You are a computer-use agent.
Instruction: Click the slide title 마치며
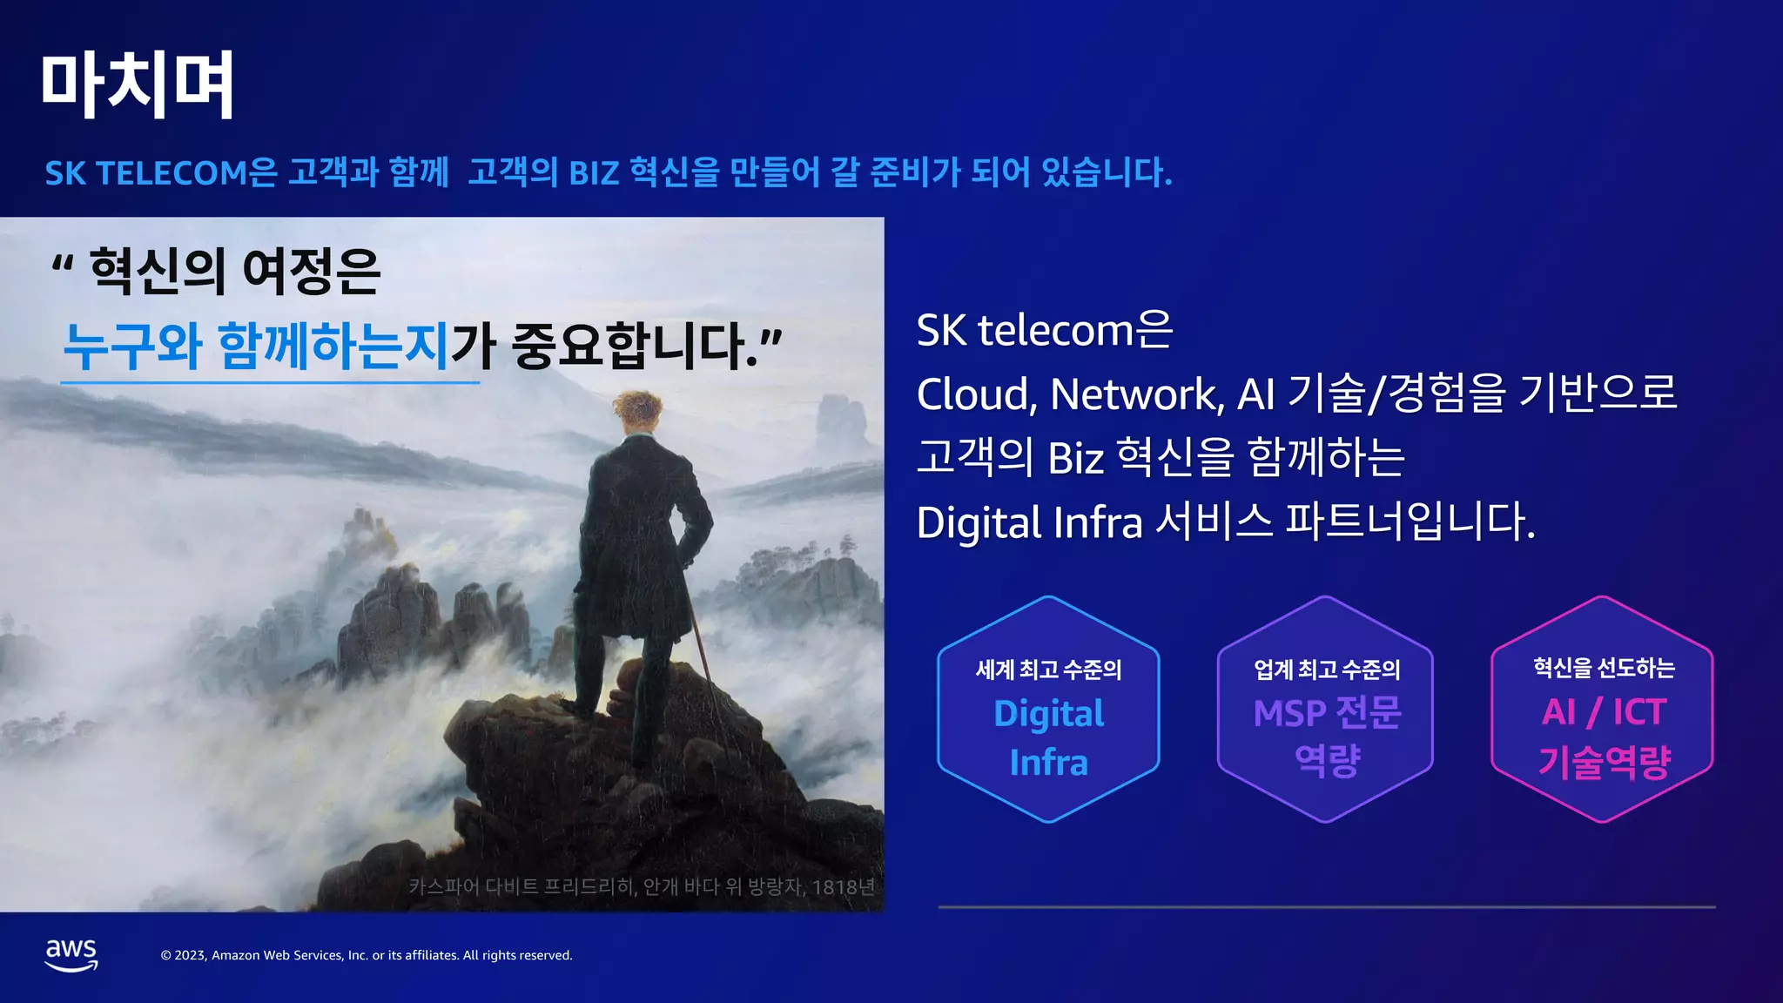pyautogui.click(x=138, y=84)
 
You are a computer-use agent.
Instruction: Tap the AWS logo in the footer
pyautogui.click(x=71, y=954)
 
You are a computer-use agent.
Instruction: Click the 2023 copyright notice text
pyautogui.click(x=367, y=955)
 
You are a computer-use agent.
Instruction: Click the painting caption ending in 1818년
pyautogui.click(x=642, y=886)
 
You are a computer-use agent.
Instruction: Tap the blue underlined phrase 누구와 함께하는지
pyautogui.click(x=256, y=346)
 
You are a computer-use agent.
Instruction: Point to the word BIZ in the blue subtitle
pyautogui.click(x=594, y=172)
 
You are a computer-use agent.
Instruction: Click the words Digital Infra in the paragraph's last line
pyautogui.click(x=1029, y=522)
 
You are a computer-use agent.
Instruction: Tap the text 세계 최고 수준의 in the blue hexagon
pyautogui.click(x=1048, y=670)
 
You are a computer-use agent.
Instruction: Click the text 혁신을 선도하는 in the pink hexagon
pyautogui.click(x=1604, y=668)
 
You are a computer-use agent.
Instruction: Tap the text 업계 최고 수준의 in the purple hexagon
pyautogui.click(x=1326, y=670)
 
